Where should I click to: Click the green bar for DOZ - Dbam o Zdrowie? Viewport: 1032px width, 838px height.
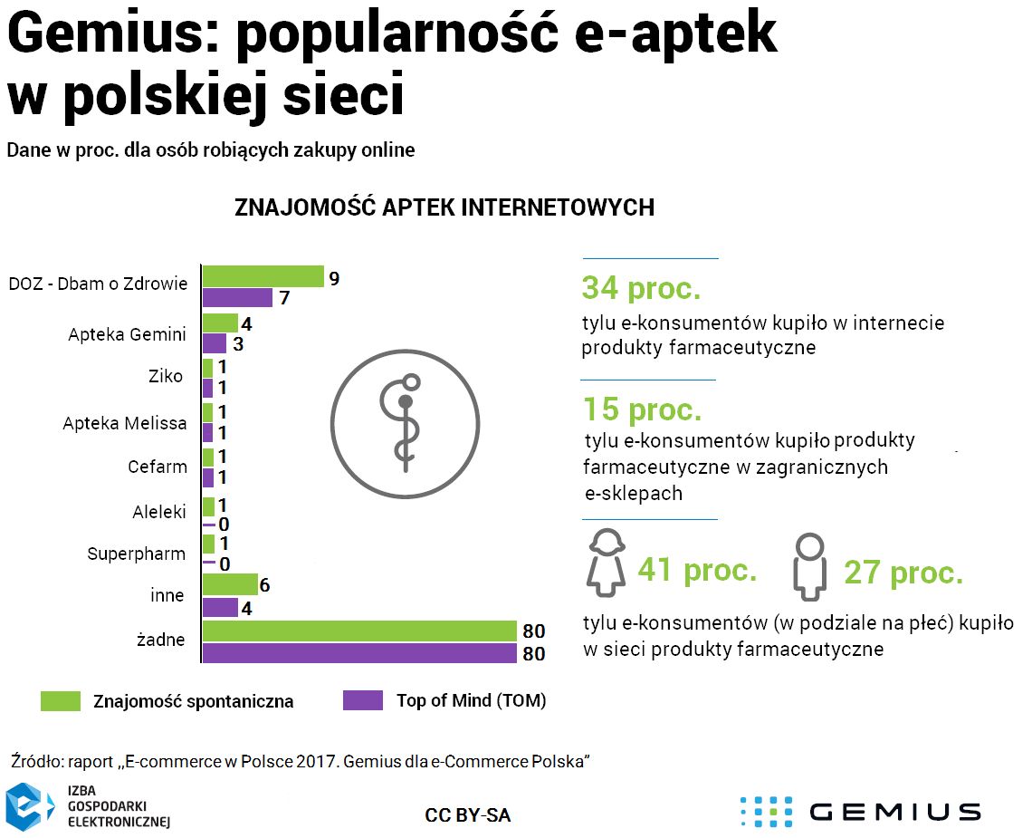tap(263, 276)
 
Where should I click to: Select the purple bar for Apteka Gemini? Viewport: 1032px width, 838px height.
tap(214, 344)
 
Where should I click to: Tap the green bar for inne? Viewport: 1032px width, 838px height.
tap(230, 585)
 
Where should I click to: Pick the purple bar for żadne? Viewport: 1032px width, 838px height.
tap(358, 653)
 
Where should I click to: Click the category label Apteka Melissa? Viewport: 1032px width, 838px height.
tap(125, 423)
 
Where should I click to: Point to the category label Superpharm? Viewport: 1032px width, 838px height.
tap(137, 554)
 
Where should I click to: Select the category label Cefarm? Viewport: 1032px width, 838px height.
tap(158, 467)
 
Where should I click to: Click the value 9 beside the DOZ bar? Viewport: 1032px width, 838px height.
tap(334, 278)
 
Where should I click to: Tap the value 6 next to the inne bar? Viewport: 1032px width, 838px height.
tap(264, 585)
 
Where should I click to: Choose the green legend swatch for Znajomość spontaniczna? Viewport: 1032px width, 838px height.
tap(61, 701)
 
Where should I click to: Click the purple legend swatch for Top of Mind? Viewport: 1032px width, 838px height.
tap(363, 701)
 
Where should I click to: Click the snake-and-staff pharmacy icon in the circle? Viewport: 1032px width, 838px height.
tap(404, 421)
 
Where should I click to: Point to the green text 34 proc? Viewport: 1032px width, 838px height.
tap(641, 288)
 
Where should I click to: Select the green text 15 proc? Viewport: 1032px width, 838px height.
tap(641, 409)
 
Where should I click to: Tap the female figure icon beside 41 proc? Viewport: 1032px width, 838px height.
tap(607, 563)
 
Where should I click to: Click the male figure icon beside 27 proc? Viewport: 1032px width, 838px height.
tap(809, 567)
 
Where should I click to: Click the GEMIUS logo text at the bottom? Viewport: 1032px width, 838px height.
tap(893, 812)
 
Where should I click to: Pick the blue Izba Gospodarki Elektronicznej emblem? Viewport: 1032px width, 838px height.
tap(30, 806)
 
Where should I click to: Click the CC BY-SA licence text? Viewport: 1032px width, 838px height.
tap(467, 815)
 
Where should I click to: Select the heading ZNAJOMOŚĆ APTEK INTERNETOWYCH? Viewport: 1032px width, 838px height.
tap(444, 207)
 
